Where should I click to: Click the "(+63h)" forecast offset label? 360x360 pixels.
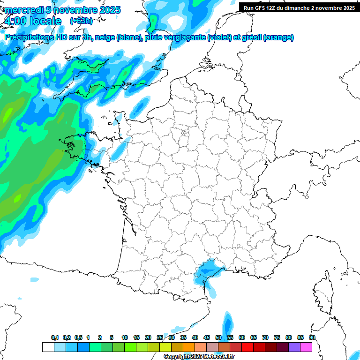point(81,21)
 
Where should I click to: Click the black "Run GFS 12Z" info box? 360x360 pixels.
point(299,7)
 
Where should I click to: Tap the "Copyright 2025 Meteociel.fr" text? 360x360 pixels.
point(198,357)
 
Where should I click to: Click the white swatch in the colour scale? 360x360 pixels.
point(48,347)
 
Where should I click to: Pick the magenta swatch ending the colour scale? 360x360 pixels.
point(306,347)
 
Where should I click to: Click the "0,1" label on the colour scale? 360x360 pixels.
point(55,338)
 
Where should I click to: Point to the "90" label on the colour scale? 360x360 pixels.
point(312,338)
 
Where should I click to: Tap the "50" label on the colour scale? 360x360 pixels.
point(218,338)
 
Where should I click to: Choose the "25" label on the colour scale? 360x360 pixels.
point(160,338)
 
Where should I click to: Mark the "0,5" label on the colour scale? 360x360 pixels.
point(78,338)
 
